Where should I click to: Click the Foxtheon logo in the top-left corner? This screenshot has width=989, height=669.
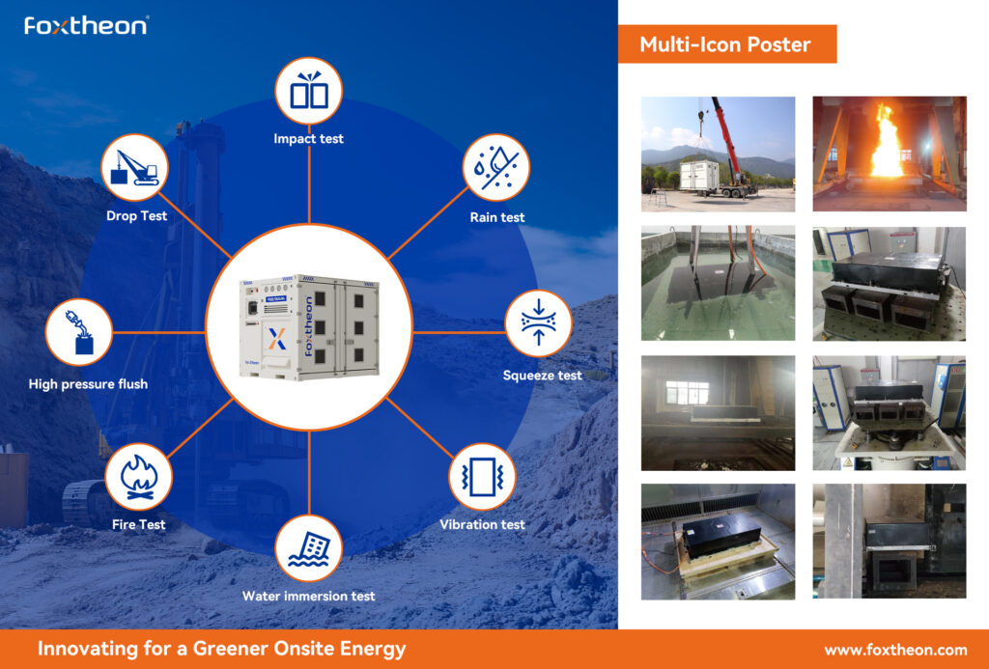point(86,25)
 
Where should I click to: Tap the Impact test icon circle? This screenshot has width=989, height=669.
point(309,91)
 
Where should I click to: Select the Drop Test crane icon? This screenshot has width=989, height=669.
point(134,167)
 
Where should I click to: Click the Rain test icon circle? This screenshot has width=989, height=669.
point(495,167)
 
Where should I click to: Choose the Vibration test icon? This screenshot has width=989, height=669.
point(482,477)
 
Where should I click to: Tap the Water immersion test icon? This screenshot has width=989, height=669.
point(309,548)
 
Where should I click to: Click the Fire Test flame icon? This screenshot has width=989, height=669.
point(139,477)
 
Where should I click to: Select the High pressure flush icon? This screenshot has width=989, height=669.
point(79,332)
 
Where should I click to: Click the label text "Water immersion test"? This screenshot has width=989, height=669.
point(308,596)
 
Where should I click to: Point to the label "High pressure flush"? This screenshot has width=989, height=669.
point(88,384)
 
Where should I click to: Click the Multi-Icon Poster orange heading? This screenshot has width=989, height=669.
point(727,44)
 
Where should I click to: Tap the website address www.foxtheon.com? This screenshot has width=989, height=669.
point(895,650)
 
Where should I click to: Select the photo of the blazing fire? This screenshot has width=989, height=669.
point(890,153)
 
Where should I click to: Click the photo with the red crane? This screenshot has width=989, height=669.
point(719,153)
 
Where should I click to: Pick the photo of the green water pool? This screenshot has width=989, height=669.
point(719,283)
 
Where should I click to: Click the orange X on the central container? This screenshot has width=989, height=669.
point(277,339)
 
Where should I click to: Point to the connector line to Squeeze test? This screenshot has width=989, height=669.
point(459,332)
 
